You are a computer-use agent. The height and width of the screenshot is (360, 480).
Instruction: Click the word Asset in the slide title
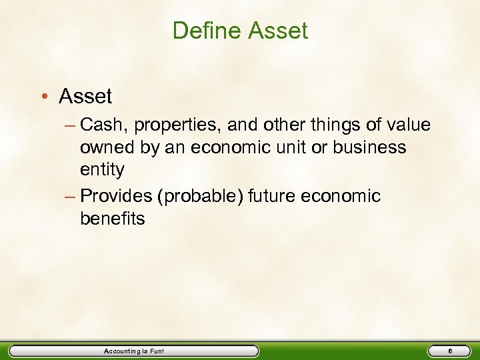[x=277, y=31]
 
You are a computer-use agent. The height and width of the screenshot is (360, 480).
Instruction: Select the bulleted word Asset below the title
[x=85, y=97]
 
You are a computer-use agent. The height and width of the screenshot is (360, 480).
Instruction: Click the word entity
[x=102, y=170]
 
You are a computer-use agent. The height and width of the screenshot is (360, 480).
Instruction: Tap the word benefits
[x=112, y=219]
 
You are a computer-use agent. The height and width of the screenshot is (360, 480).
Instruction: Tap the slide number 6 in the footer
[x=450, y=351]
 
